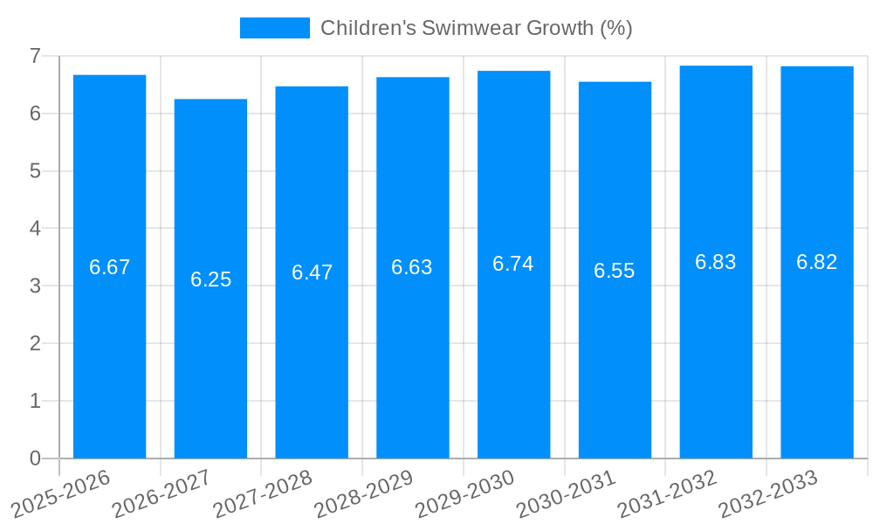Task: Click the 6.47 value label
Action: (x=312, y=272)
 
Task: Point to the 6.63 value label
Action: (x=412, y=267)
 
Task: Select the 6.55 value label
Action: (x=615, y=271)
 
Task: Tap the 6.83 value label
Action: (x=716, y=262)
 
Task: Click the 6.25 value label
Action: (x=210, y=279)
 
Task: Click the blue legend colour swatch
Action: (x=274, y=28)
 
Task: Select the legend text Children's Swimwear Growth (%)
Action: (x=476, y=28)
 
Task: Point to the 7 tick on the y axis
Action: (x=36, y=56)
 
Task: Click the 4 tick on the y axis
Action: (x=36, y=229)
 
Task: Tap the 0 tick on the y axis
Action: (x=36, y=458)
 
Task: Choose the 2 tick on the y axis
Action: (x=36, y=343)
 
